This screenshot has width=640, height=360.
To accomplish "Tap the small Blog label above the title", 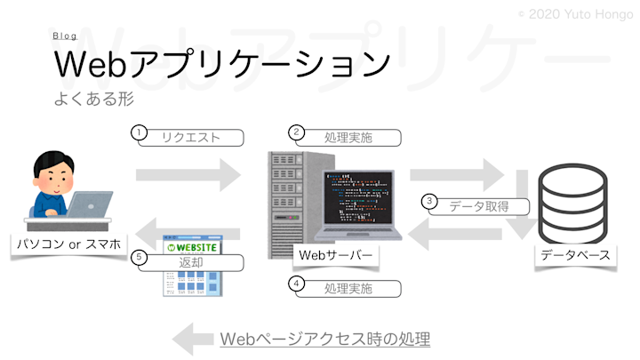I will (x=64, y=36).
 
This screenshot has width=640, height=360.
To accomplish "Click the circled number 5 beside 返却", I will (x=138, y=257).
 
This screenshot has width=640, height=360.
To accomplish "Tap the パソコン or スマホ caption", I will (x=68, y=242).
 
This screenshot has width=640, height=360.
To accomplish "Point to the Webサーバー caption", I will (x=333, y=255).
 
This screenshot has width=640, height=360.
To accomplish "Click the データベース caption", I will (x=575, y=255).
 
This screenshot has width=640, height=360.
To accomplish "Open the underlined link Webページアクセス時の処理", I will (x=324, y=339).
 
